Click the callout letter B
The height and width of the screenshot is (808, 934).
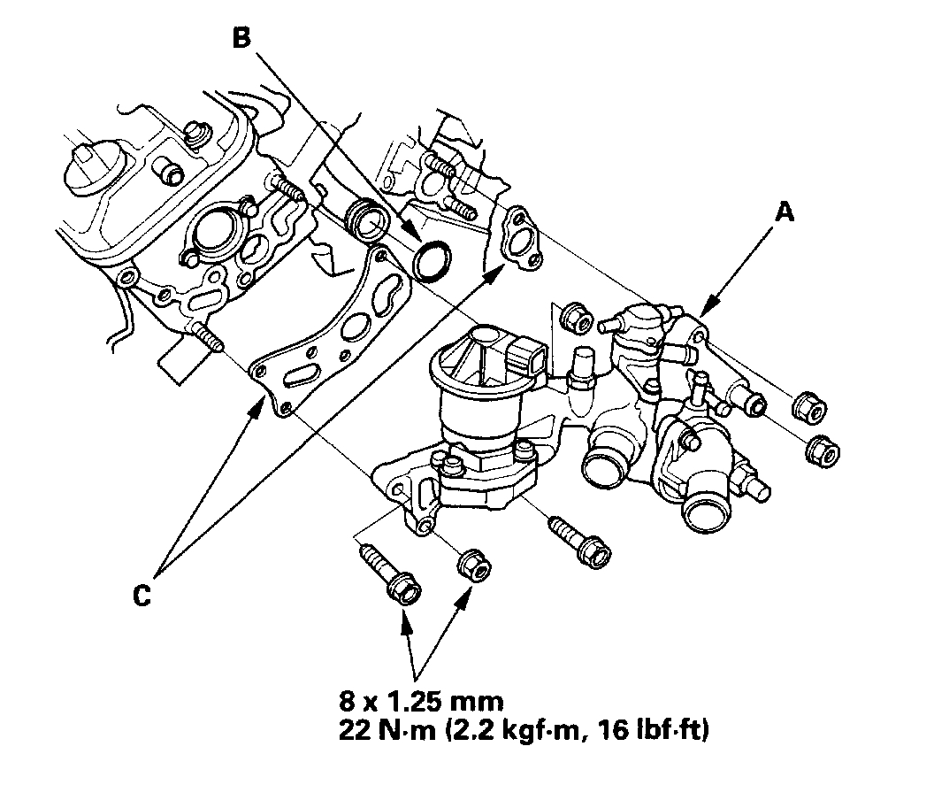(x=241, y=38)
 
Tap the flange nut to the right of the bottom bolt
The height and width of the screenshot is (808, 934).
(x=471, y=565)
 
